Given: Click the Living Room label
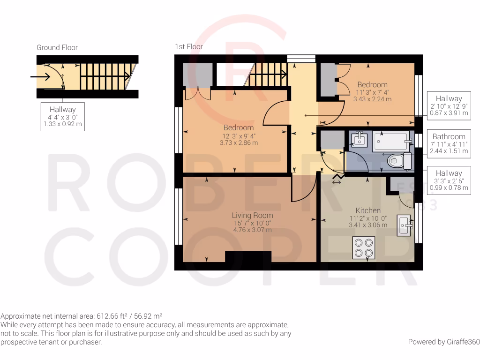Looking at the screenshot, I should (252, 215).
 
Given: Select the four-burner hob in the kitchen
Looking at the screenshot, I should (364, 248).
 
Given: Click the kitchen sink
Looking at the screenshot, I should (404, 225).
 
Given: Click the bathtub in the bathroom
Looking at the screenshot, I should (392, 142).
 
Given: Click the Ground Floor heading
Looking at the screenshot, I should (57, 47).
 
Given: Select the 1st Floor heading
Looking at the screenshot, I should (189, 46).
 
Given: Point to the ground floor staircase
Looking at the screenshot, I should (103, 76).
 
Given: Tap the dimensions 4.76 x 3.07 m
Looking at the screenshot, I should (252, 230).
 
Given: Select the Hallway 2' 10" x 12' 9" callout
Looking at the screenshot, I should (449, 105).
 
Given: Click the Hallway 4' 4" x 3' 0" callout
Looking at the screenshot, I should (62, 116).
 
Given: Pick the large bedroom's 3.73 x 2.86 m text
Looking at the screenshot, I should (239, 143).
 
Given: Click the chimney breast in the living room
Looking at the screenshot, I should (248, 257).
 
